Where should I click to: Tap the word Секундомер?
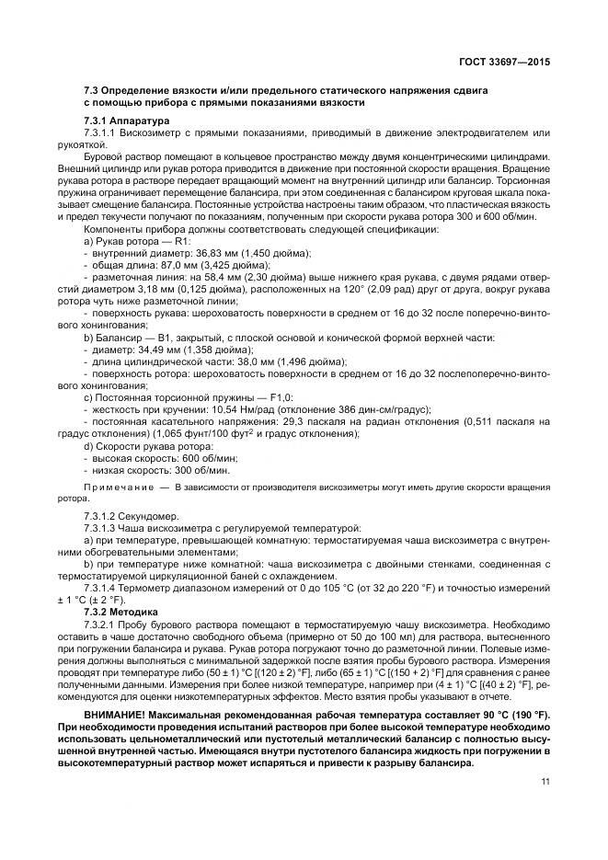tap(153, 516)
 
